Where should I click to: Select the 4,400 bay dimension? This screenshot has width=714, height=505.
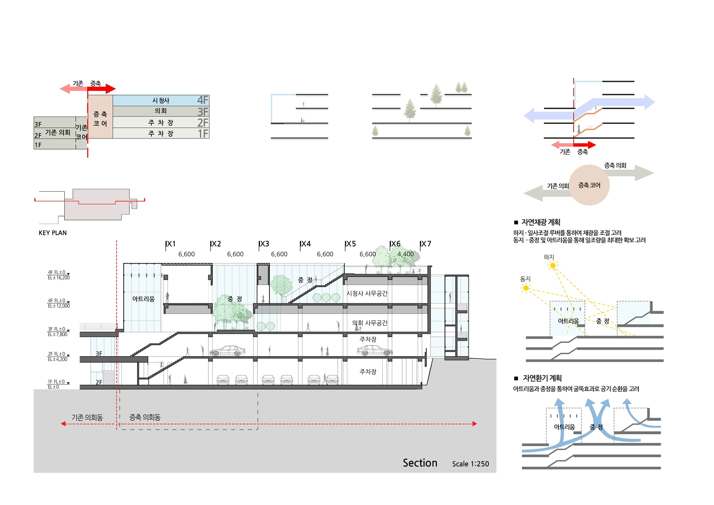click(406, 254)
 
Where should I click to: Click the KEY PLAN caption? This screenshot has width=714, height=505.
click(52, 233)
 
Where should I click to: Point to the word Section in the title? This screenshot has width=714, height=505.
click(420, 463)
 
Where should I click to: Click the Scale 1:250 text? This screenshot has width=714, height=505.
click(471, 464)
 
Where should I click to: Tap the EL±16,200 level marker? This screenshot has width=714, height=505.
click(59, 278)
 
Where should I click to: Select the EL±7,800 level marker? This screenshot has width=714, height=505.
click(57, 335)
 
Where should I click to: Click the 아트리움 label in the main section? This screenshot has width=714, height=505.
click(144, 299)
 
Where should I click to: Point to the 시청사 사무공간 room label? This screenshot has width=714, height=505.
click(367, 293)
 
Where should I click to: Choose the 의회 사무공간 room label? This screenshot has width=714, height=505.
click(370, 323)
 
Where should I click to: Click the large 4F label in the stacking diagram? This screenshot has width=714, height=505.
click(202, 100)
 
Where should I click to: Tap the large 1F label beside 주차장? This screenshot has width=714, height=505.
click(203, 134)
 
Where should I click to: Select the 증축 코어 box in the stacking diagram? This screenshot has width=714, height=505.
click(100, 116)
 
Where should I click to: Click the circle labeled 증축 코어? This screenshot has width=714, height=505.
click(589, 185)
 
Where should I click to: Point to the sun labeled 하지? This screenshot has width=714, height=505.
click(553, 265)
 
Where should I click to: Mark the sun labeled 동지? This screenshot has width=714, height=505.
click(526, 288)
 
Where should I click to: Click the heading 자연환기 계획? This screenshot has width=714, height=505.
click(542, 378)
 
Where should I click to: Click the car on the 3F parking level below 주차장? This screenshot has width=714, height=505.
click(375, 350)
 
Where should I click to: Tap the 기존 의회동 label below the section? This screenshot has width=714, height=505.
click(87, 417)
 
